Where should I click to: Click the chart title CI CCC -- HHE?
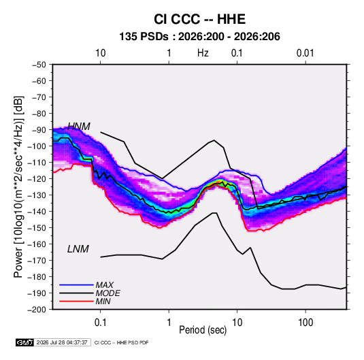click(x=199, y=19)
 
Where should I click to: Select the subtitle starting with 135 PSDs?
click(x=199, y=37)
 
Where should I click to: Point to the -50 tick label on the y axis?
click(x=39, y=65)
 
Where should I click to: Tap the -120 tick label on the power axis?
click(x=37, y=179)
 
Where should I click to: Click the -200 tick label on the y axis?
click(x=37, y=310)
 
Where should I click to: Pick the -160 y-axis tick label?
click(x=37, y=244)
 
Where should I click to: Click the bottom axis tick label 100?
click(x=305, y=323)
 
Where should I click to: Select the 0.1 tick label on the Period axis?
click(x=100, y=323)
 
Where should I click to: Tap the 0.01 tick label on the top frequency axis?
click(x=305, y=53)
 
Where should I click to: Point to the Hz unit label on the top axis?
click(x=203, y=53)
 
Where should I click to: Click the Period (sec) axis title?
click(x=203, y=330)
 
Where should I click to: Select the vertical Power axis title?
click(x=18, y=186)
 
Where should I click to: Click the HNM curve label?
click(x=79, y=127)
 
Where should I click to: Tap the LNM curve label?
click(x=78, y=249)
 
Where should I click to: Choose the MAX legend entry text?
click(x=105, y=285)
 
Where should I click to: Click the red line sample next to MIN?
click(x=76, y=301)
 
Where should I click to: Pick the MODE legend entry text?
click(x=107, y=293)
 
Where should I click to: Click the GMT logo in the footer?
click(x=25, y=342)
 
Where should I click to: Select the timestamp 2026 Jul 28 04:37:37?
click(x=62, y=342)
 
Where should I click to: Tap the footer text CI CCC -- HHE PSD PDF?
click(x=121, y=342)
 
